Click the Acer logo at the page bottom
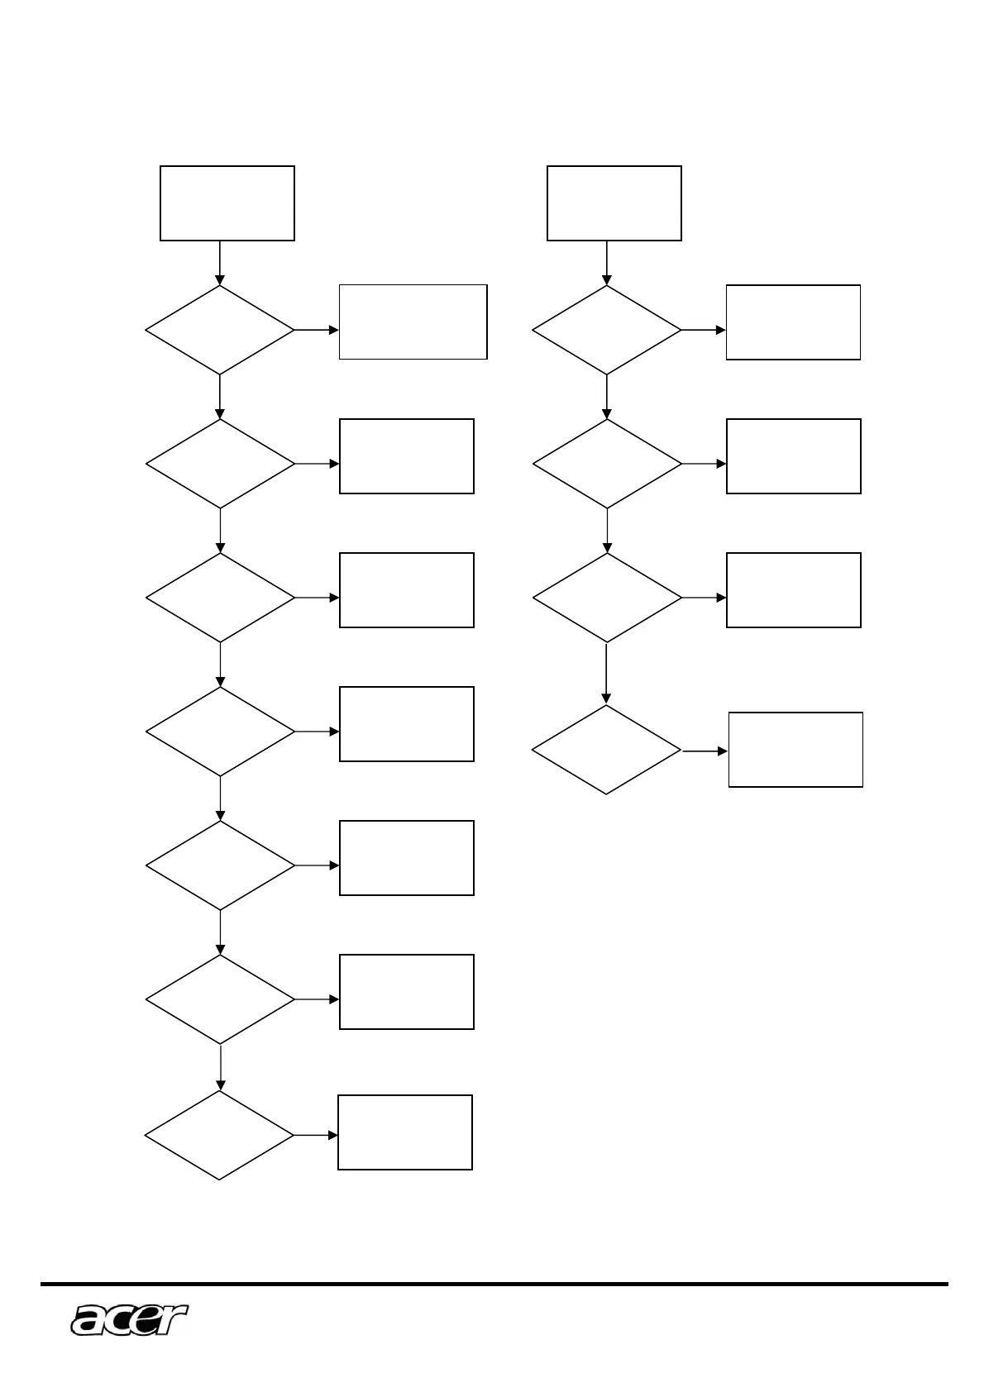129,1319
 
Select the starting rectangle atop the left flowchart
227,203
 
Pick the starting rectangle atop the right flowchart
614,203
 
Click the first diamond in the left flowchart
219,330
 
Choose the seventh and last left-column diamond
219,1135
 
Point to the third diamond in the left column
220,598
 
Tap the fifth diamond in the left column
220,865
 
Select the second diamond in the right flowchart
607,464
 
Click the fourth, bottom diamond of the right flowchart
606,750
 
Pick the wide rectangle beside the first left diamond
413,322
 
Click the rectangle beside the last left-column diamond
405,1132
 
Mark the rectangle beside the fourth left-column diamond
406,724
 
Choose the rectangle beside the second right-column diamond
793,456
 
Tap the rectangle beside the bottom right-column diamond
795,750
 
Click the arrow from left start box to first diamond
219,263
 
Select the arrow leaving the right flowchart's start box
606,263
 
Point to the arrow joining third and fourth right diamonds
606,674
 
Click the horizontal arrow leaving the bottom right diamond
705,751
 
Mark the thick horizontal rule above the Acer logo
494,1285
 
